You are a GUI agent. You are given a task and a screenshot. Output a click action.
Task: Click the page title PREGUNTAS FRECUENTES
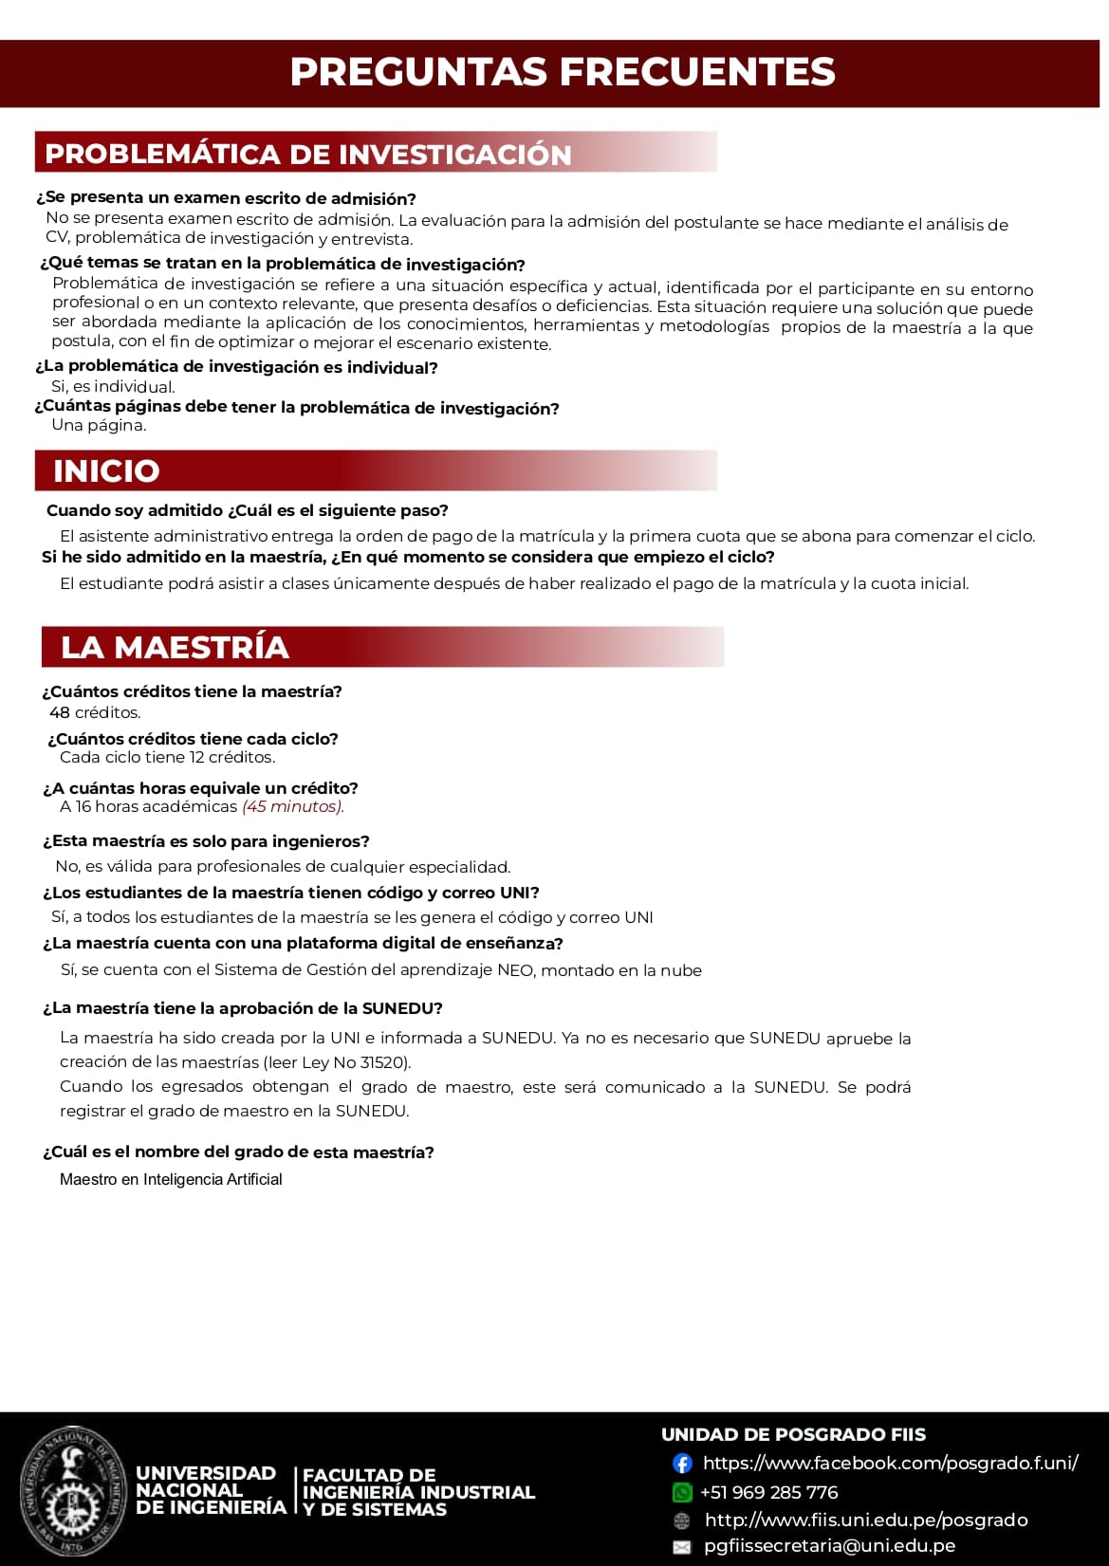pyautogui.click(x=563, y=72)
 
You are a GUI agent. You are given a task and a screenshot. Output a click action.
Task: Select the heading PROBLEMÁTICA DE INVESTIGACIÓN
pyautogui.click(x=308, y=155)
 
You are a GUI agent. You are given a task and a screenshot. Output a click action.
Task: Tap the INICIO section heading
pyautogui.click(x=106, y=470)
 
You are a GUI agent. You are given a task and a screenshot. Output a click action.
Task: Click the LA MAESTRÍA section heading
pyautogui.click(x=175, y=647)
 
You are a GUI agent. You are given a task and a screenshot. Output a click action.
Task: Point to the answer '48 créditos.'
pyautogui.click(x=95, y=712)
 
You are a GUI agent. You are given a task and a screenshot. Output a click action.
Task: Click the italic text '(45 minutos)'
pyautogui.click(x=293, y=806)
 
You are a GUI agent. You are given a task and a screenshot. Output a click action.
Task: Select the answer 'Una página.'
pyautogui.click(x=99, y=425)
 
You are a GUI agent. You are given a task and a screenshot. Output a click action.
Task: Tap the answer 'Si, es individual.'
pyautogui.click(x=113, y=387)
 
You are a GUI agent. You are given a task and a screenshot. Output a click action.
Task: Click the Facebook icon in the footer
pyautogui.click(x=682, y=1464)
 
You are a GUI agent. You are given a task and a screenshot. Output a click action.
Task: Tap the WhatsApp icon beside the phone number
pyautogui.click(x=682, y=1492)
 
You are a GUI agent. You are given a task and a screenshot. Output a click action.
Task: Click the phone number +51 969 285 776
pyautogui.click(x=769, y=1492)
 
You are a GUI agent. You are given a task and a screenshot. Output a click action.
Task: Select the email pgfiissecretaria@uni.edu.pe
pyautogui.click(x=829, y=1546)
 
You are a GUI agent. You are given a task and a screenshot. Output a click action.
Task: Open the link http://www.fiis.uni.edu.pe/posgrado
pyautogui.click(x=865, y=1520)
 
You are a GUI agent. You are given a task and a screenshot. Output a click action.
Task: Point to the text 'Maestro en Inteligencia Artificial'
pyautogui.click(x=171, y=1179)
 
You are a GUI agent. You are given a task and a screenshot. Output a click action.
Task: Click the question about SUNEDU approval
pyautogui.click(x=243, y=1008)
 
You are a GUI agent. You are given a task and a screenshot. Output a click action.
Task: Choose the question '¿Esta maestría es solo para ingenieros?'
pyautogui.click(x=206, y=841)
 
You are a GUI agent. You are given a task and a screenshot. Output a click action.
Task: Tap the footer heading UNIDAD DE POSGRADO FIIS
pyautogui.click(x=793, y=1434)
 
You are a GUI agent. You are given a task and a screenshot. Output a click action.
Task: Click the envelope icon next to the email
pyautogui.click(x=682, y=1547)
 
